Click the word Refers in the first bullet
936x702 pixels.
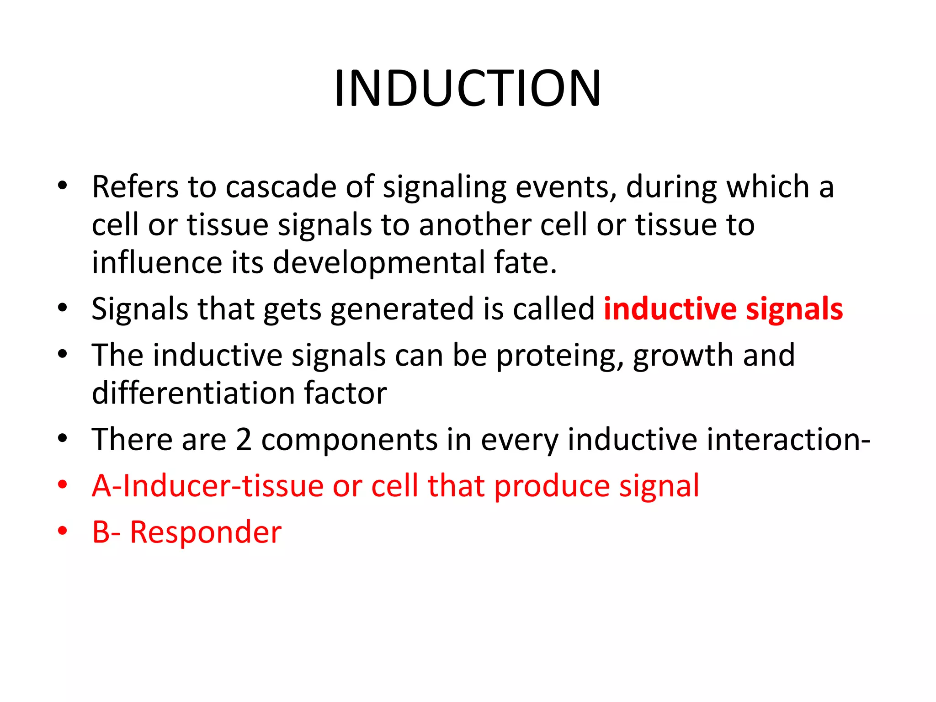135,187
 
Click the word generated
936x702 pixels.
402,309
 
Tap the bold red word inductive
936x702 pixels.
670,309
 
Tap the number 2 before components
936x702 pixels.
244,440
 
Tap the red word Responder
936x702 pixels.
206,532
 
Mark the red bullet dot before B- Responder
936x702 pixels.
63,531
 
